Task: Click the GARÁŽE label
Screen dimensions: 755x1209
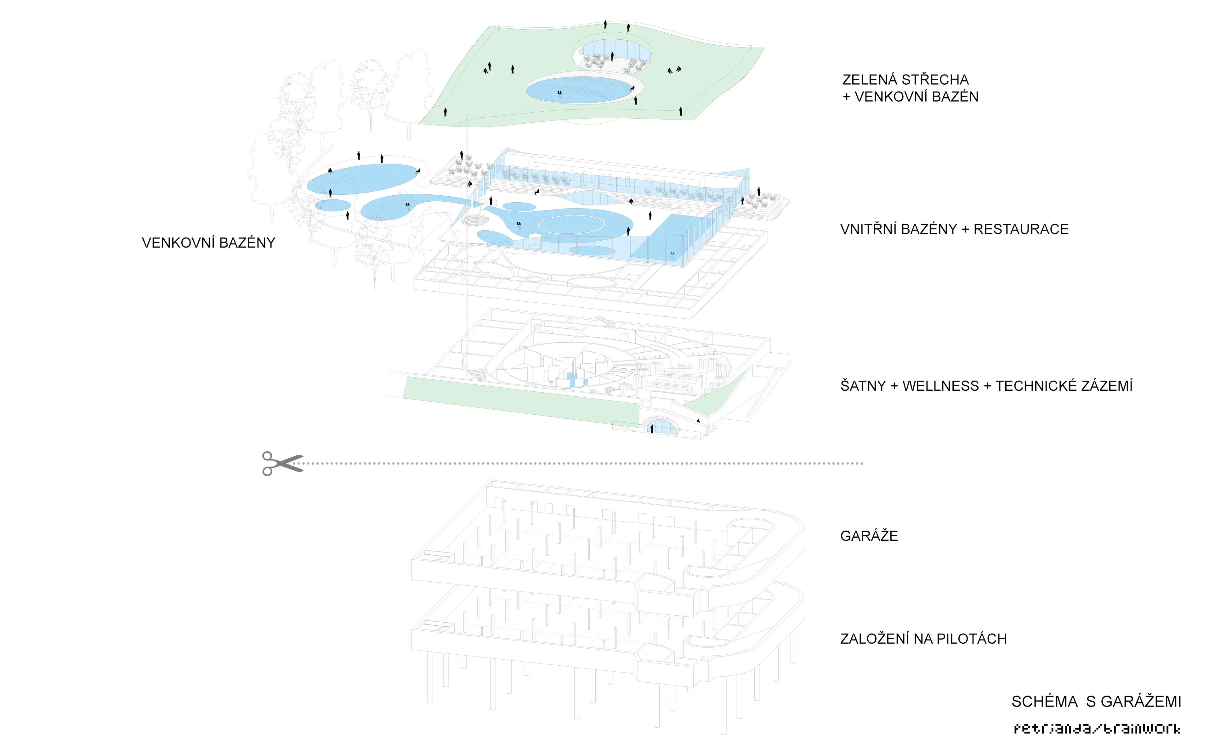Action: [x=869, y=536]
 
